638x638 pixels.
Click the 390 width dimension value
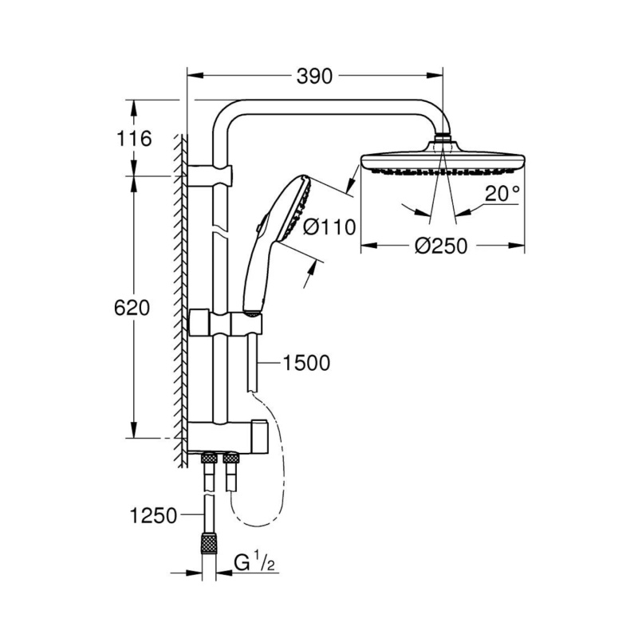314,76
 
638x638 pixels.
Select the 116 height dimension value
134,138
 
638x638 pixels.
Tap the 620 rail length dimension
132,308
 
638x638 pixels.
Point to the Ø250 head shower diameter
441,246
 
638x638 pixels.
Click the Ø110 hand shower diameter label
329,227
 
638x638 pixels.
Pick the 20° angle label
502,193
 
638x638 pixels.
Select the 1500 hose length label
306,363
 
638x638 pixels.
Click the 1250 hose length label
153,515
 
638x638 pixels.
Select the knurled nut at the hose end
209,543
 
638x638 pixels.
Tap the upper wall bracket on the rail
210,175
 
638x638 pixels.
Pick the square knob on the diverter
260,436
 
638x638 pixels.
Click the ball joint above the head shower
443,137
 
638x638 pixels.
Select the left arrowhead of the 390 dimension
195,75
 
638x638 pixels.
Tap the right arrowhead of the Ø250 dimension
517,245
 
